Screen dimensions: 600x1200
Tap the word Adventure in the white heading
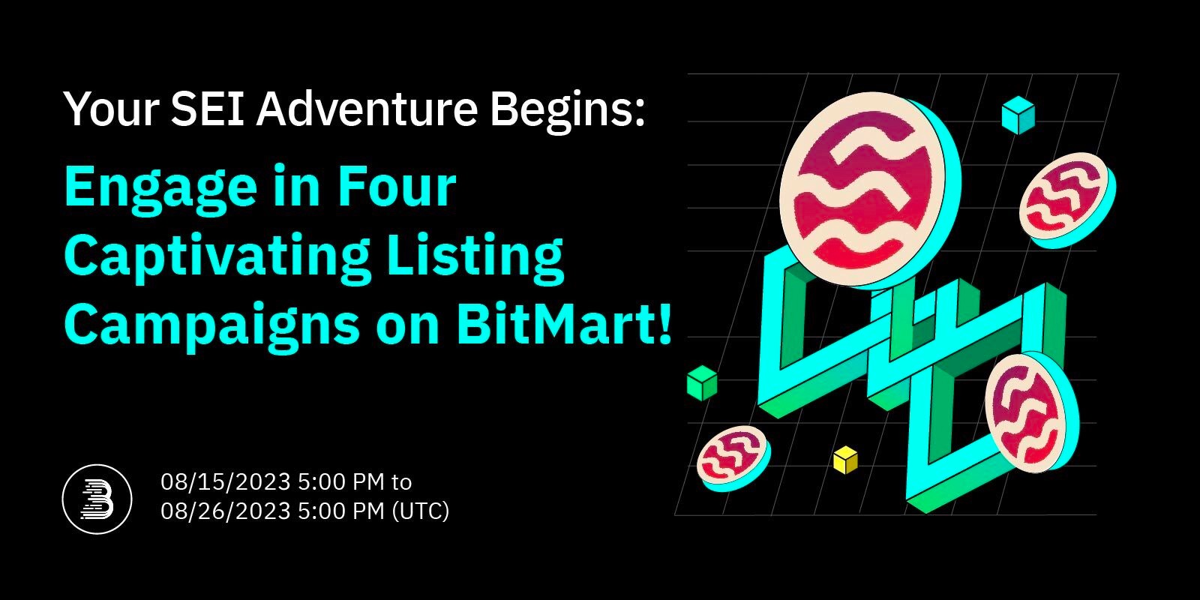tap(367, 109)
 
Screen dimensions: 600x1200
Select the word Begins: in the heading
tap(567, 109)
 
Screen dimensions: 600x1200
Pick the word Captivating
tap(217, 256)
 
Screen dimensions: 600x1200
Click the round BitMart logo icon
tap(97, 499)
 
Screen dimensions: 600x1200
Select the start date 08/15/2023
tap(225, 481)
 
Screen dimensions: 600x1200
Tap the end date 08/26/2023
tap(225, 511)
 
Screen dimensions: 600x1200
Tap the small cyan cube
tap(1018, 115)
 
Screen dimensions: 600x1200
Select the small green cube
tap(701, 382)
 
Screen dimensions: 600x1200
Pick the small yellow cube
tap(845, 459)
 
